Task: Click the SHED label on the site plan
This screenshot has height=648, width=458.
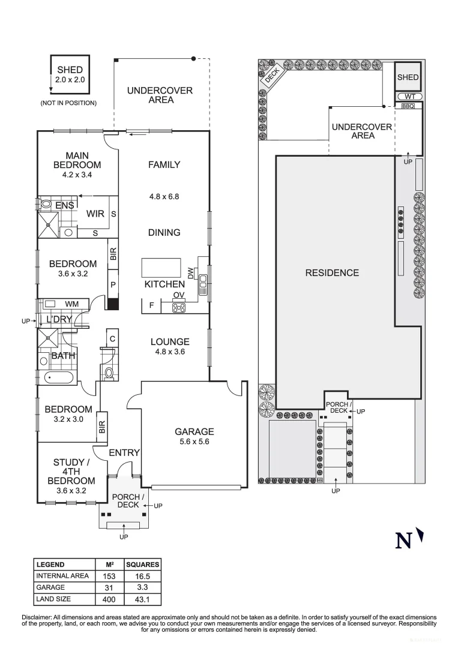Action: pyautogui.click(x=408, y=77)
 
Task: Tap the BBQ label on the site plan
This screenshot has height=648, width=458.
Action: pyautogui.click(x=408, y=106)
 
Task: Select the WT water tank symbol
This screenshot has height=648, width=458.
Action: pyautogui.click(x=409, y=96)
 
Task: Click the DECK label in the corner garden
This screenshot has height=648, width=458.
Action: pyautogui.click(x=272, y=75)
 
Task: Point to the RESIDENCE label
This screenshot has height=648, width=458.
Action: pyautogui.click(x=332, y=273)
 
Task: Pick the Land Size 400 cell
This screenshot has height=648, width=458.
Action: pyautogui.click(x=109, y=598)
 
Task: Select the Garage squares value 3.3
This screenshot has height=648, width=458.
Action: pyautogui.click(x=142, y=587)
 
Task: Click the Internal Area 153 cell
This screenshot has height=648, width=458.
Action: pyautogui.click(x=109, y=576)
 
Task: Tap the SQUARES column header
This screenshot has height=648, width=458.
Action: pyautogui.click(x=142, y=565)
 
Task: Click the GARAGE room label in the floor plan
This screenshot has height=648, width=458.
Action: pyautogui.click(x=194, y=431)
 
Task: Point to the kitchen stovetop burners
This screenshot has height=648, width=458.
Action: pyautogui.click(x=179, y=308)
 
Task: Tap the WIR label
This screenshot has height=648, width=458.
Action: pyautogui.click(x=95, y=214)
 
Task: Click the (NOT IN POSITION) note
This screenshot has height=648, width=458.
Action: pyautogui.click(x=68, y=103)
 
